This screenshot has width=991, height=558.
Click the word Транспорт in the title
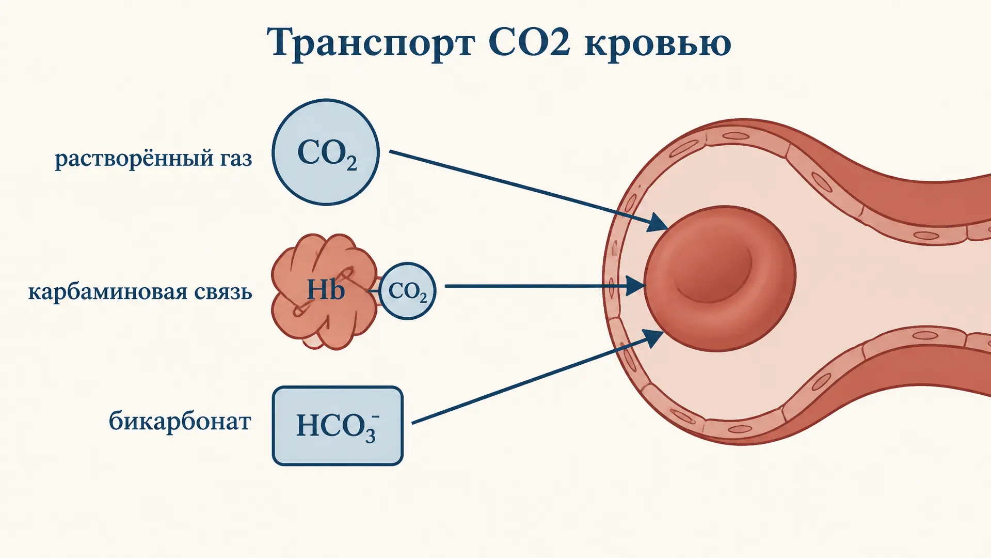tap(371, 43)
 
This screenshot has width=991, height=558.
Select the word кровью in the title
tap(658, 44)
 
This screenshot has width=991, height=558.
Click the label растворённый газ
tap(153, 158)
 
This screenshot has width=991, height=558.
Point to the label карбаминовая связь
tap(140, 292)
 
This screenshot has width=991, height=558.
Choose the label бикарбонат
tap(180, 421)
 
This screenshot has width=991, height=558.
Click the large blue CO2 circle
tap(326, 152)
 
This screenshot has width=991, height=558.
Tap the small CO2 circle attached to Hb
tap(407, 291)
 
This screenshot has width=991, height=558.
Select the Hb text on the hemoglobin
tap(325, 289)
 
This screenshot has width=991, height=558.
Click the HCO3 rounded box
tap(338, 426)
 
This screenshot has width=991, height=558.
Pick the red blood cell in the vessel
tap(720, 279)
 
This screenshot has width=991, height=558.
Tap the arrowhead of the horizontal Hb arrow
tap(635, 286)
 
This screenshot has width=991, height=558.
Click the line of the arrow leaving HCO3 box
tap(532, 379)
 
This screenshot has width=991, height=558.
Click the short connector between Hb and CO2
tap(373, 291)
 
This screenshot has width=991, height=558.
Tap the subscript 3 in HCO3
tap(370, 436)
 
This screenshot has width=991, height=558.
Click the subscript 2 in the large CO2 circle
tap(351, 164)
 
